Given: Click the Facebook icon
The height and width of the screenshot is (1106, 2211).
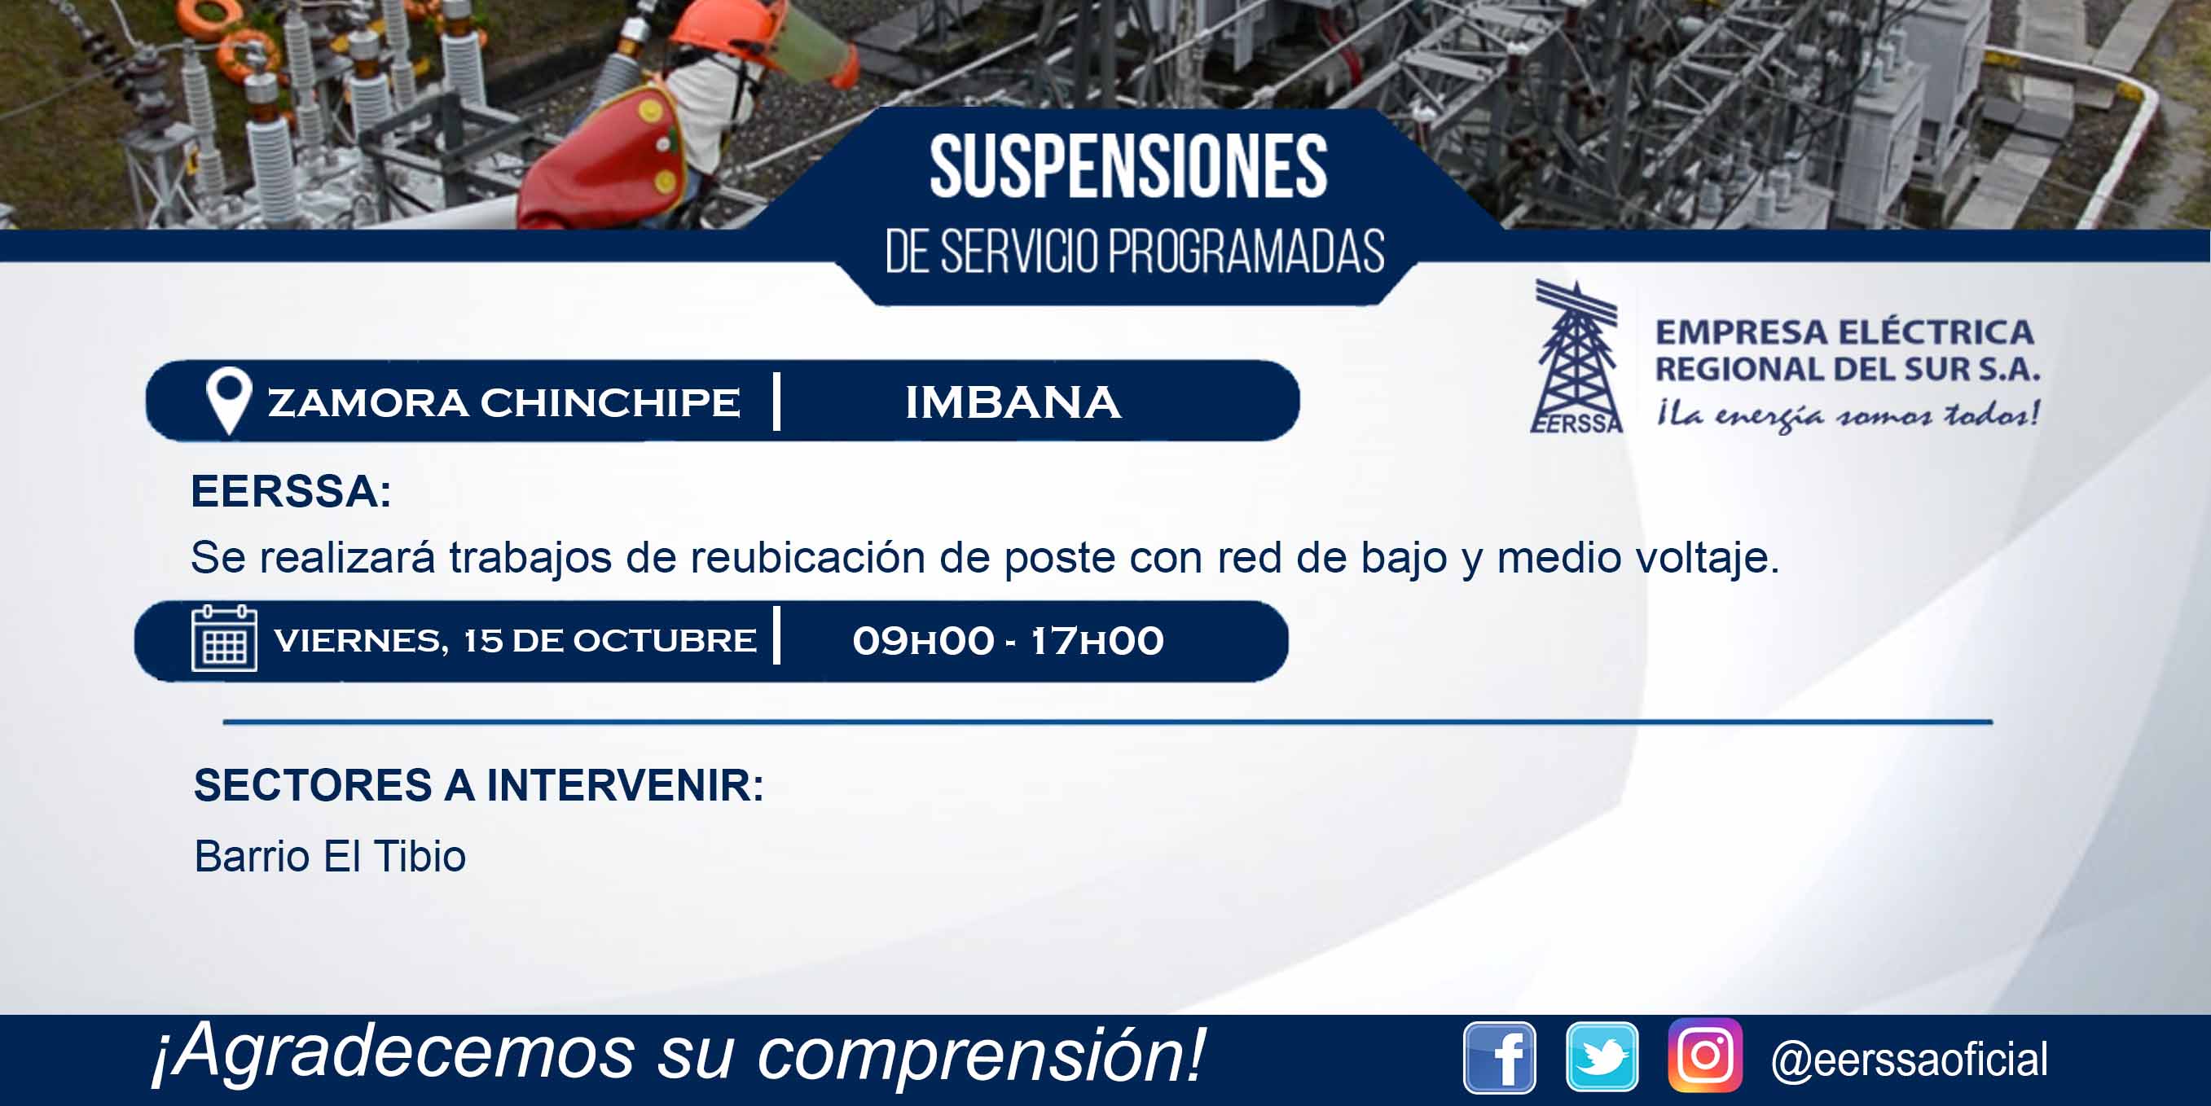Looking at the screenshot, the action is click(1500, 1058).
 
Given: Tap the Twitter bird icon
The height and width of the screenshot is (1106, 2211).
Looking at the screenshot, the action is click(1602, 1057).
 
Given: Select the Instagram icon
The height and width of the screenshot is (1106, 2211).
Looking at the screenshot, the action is click(1705, 1056).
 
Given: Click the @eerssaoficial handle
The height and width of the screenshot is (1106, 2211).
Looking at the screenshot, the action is click(1910, 1060).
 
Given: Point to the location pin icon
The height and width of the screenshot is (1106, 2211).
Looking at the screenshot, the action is click(229, 400).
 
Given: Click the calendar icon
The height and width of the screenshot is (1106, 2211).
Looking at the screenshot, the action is click(224, 638).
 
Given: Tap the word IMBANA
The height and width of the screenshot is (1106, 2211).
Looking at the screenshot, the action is click(1013, 402).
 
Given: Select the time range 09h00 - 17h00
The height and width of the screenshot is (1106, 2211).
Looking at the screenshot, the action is click(1009, 641).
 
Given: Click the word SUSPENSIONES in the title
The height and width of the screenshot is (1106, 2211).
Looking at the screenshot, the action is click(1128, 166).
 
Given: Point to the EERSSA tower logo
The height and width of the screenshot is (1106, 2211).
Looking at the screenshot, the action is click(1576, 356).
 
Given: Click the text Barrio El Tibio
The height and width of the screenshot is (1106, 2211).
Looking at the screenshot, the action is click(331, 856).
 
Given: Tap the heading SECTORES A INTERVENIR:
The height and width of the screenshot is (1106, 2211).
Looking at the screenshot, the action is click(479, 785).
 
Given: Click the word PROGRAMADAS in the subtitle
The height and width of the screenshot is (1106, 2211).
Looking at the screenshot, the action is click(1246, 252).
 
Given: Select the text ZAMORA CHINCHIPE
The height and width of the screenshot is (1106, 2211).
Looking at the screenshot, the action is click(503, 402).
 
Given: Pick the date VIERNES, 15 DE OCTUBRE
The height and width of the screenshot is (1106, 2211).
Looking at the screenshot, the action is click(515, 641).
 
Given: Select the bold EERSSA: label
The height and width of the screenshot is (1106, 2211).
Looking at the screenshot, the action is click(291, 492).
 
